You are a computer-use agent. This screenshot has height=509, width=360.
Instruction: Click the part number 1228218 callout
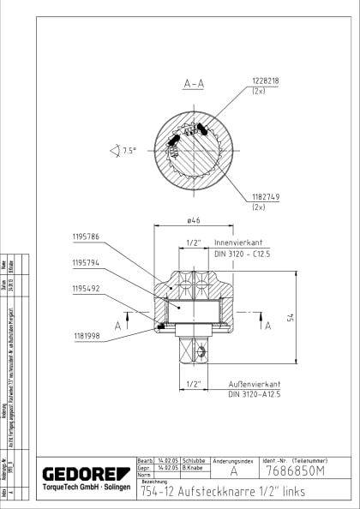coord(266,81)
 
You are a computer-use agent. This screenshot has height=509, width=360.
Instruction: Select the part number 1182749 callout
coord(265,197)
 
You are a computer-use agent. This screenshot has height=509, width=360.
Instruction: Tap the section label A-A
coord(194,84)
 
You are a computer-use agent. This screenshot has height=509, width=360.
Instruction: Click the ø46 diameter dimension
coord(194,220)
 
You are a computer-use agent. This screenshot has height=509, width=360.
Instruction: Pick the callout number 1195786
coord(86,235)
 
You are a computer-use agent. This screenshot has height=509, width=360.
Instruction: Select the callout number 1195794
coord(86,263)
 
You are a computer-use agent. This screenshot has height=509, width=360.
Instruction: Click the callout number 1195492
coord(86,289)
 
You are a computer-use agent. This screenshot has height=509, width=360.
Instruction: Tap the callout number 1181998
coord(86,337)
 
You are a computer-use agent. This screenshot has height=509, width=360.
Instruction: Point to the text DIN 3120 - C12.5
coord(242,254)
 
